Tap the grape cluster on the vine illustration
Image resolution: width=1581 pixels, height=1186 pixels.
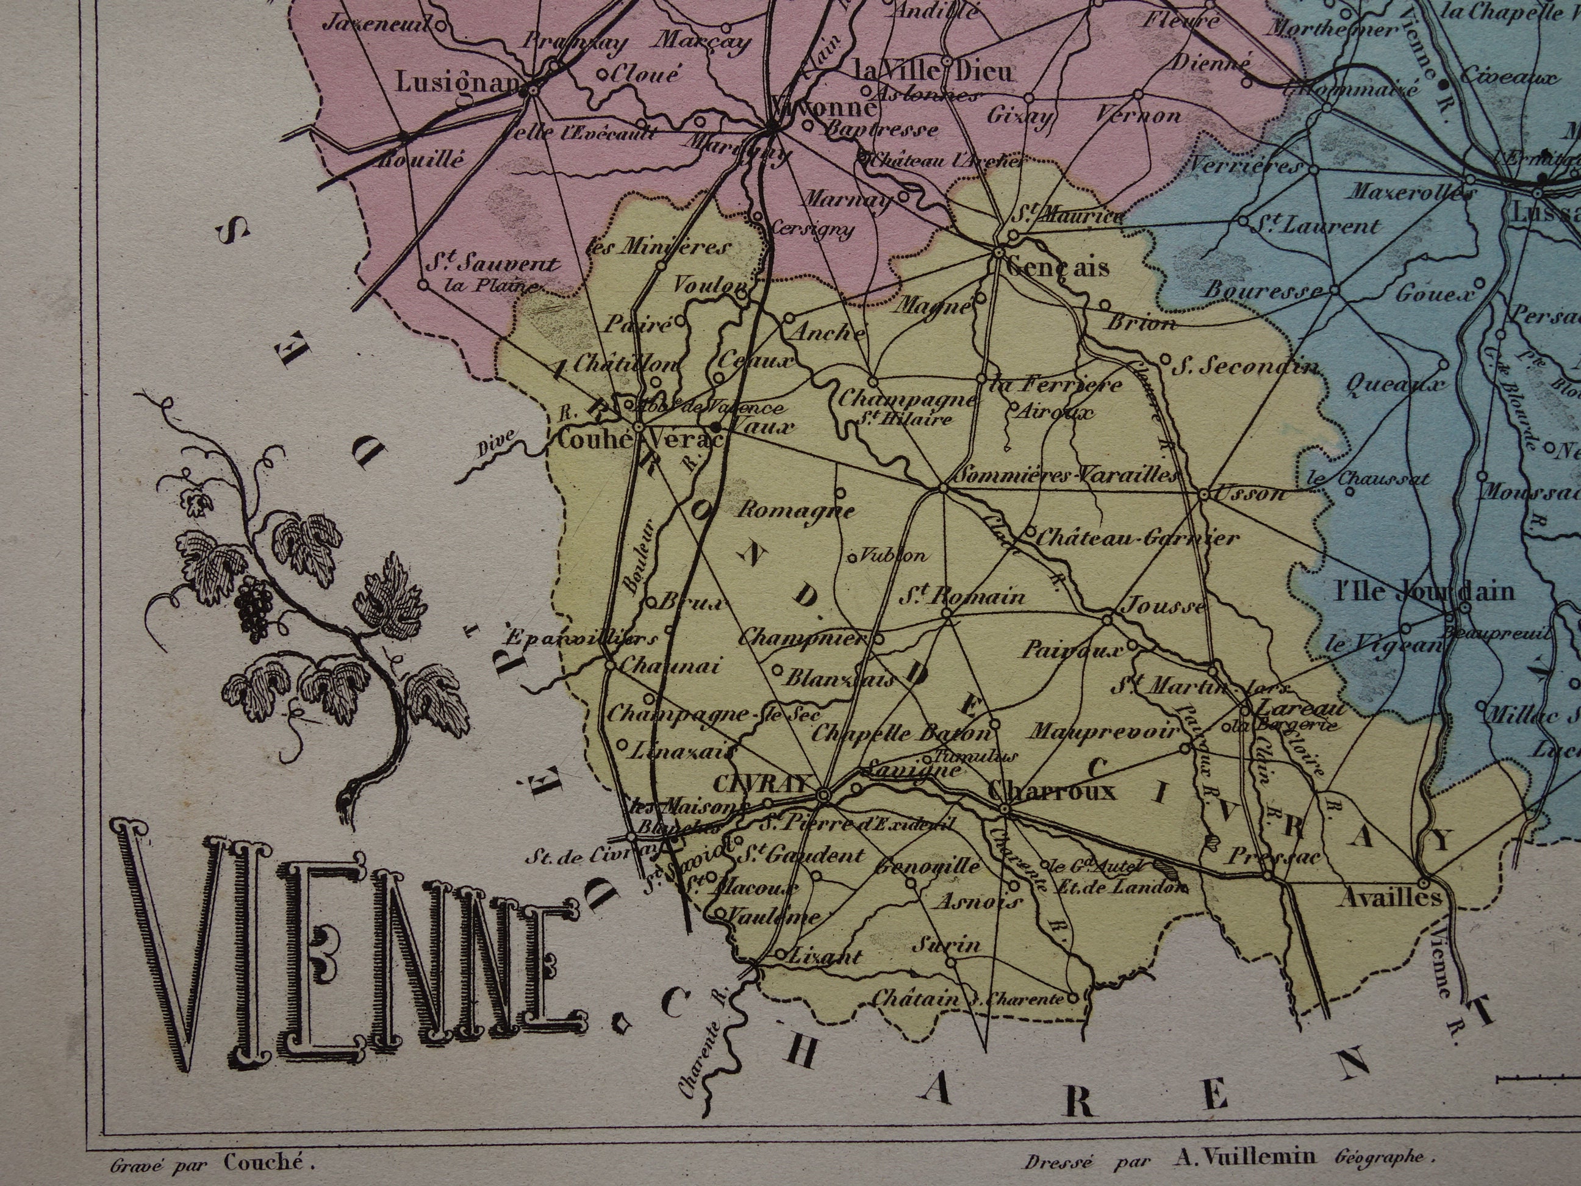pyautogui.click(x=254, y=607)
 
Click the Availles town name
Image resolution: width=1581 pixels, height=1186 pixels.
pyautogui.click(x=1389, y=897)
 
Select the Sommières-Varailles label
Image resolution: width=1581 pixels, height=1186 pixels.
pyautogui.click(x=1065, y=475)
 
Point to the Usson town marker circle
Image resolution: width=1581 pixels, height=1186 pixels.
pyautogui.click(x=1203, y=494)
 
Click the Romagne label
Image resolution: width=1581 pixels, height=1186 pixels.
pyautogui.click(x=795, y=511)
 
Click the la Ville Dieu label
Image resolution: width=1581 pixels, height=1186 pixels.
pyautogui.click(x=933, y=72)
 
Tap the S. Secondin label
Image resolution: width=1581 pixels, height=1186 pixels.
pyautogui.click(x=1247, y=367)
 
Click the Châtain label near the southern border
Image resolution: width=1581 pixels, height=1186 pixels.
pyautogui.click(x=916, y=998)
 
